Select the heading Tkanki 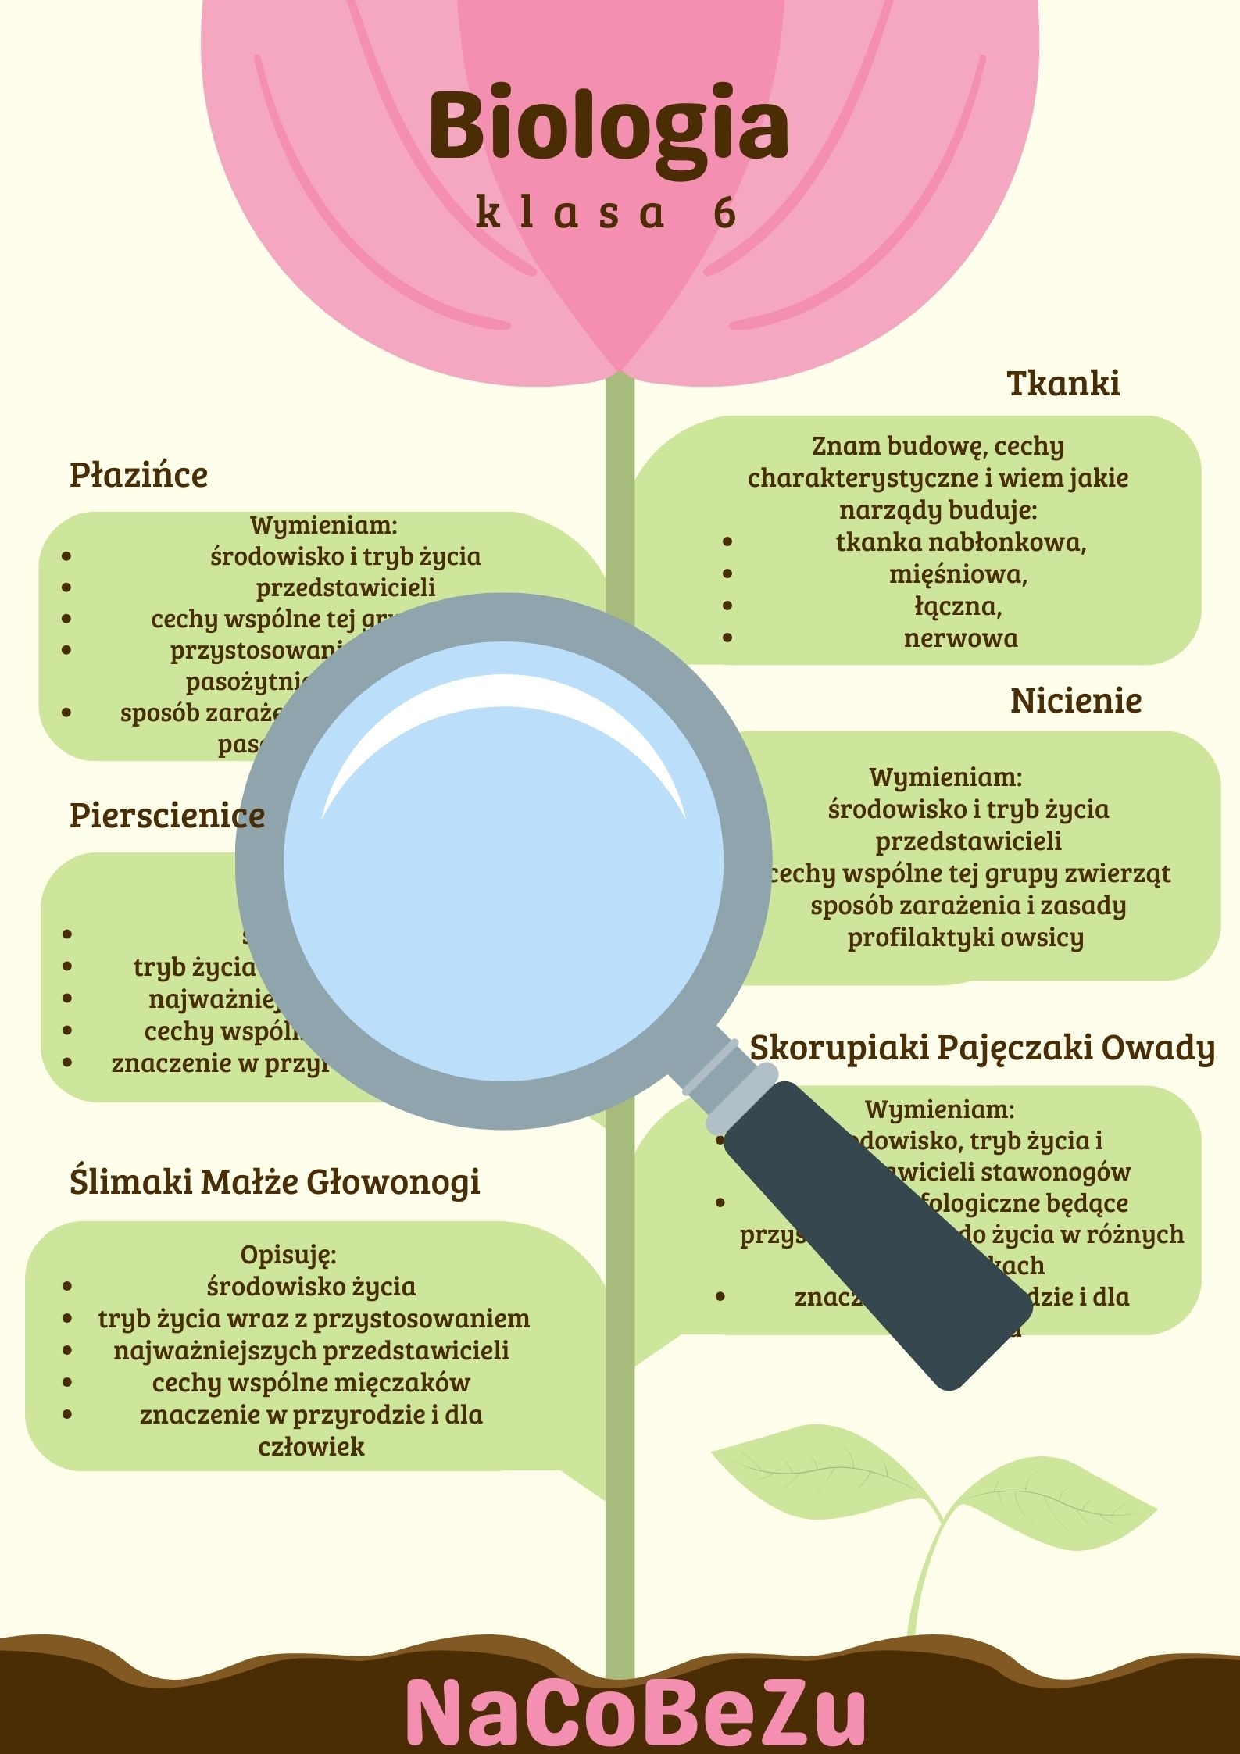[x=1063, y=384]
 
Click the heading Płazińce [x=138, y=475]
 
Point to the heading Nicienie [x=1075, y=701]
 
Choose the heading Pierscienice [x=167, y=816]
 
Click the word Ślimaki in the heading [x=130, y=1181]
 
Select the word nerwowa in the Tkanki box [x=960, y=638]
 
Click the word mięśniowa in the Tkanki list [x=958, y=574]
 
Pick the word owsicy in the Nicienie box [x=1047, y=938]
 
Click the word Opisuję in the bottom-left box [x=288, y=1254]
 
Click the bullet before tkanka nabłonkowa [x=727, y=541]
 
